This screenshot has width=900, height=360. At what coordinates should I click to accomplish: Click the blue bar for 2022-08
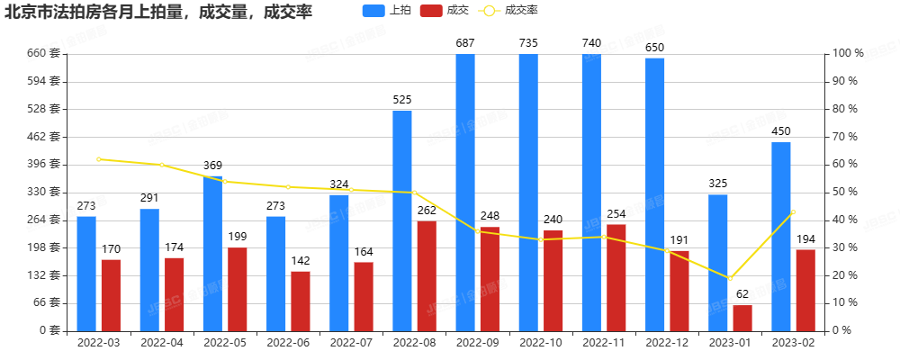(x=402, y=220)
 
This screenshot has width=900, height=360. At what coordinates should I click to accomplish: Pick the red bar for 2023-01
(x=742, y=318)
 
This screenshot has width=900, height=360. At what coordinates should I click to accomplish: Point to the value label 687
(x=465, y=43)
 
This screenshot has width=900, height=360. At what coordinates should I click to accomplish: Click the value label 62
(x=742, y=294)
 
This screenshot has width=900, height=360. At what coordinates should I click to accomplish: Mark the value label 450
(x=781, y=131)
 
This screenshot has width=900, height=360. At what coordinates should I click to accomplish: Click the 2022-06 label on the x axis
(x=288, y=343)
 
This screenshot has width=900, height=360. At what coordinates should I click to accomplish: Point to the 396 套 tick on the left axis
(x=44, y=164)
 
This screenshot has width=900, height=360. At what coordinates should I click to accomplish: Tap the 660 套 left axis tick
(x=44, y=53)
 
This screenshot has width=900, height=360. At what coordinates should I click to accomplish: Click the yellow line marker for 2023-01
(x=730, y=278)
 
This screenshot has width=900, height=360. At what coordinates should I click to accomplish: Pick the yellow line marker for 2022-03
(x=99, y=159)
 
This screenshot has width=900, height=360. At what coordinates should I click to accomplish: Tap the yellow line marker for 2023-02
(x=793, y=211)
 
